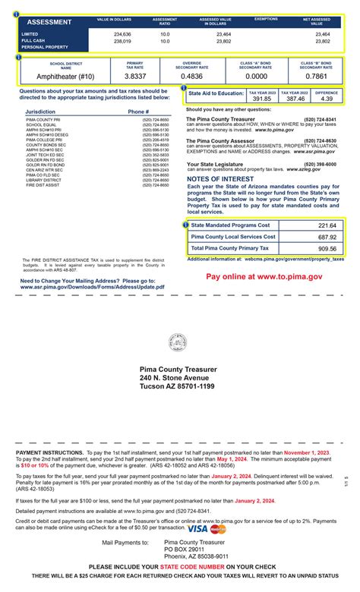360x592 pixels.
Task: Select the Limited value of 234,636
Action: [x=122, y=34]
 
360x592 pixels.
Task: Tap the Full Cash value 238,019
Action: [x=122, y=41]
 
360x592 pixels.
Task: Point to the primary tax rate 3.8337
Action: [x=134, y=77]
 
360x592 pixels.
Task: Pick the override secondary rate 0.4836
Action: [x=192, y=77]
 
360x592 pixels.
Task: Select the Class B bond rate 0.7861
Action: [x=315, y=77]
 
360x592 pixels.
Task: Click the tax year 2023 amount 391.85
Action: [x=261, y=99]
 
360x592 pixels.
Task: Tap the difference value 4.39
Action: [x=326, y=99]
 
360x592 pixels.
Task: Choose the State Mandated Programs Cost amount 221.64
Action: [x=327, y=225]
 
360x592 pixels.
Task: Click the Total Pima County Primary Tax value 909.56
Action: [x=327, y=248]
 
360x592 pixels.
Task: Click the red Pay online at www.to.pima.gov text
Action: [x=264, y=278]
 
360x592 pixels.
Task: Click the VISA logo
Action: [x=197, y=528]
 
